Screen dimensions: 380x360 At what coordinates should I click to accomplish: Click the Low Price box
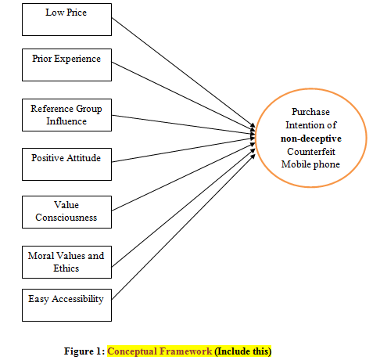[x=66, y=20]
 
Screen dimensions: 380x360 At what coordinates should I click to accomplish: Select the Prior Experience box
[x=66, y=65]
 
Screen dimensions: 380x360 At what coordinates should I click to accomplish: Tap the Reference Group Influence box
[x=66, y=115]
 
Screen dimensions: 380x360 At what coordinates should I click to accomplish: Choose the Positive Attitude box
[x=66, y=164]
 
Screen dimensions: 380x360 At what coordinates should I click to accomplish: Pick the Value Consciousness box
[x=66, y=212]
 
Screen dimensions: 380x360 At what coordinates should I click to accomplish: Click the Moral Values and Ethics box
[x=66, y=262]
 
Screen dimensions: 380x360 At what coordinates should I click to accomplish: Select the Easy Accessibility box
[x=66, y=305]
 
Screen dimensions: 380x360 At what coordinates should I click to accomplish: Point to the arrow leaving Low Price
[x=183, y=73]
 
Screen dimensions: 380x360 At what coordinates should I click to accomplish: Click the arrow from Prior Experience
[x=183, y=96]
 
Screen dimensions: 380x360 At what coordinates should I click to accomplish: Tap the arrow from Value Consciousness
[x=183, y=177]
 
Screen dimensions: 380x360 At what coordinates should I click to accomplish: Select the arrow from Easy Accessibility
[x=183, y=227]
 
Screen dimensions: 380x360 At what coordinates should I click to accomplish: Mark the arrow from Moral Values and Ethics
[x=183, y=208]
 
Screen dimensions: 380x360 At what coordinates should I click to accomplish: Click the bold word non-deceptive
[x=311, y=139]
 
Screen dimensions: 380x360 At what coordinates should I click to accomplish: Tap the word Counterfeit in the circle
[x=311, y=152]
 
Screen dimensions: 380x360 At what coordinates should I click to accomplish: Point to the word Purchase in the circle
[x=310, y=112]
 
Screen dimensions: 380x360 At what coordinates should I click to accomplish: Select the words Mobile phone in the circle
[x=310, y=164]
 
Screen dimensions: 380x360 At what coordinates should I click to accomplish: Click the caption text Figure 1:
[x=84, y=351]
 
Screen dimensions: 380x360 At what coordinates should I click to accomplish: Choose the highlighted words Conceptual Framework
[x=160, y=351]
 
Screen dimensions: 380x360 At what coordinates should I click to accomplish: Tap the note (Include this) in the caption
[x=243, y=351]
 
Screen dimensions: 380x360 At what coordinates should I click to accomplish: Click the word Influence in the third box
[x=66, y=121]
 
